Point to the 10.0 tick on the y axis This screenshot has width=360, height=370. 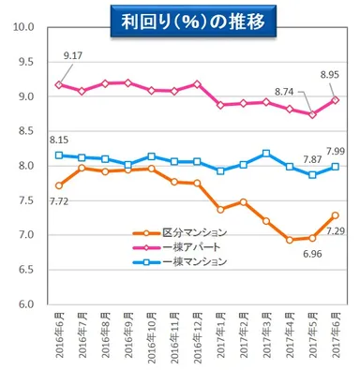pyautogui.click(x=24, y=28)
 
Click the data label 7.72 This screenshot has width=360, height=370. pyautogui.click(x=59, y=201)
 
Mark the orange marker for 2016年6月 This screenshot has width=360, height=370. pyautogui.click(x=60, y=185)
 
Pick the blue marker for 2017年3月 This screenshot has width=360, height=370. pyautogui.click(x=266, y=153)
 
